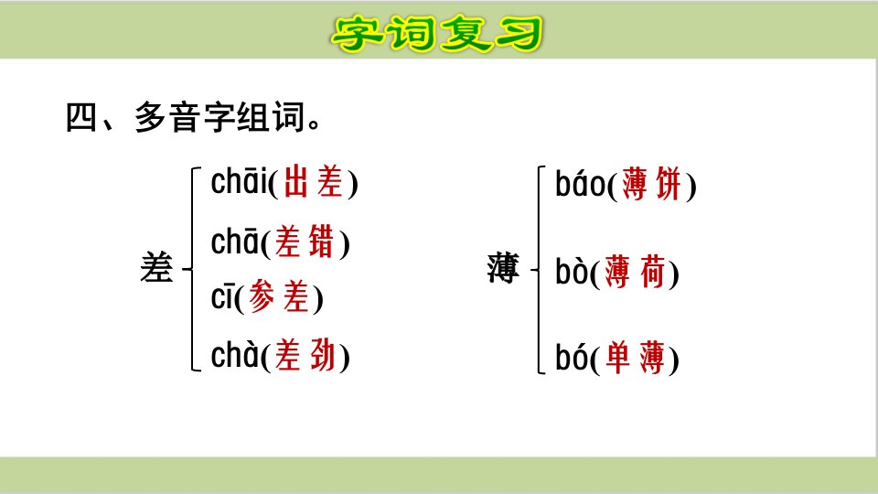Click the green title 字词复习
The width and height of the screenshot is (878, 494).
(x=437, y=34)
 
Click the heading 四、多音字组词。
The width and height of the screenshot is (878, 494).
(x=193, y=117)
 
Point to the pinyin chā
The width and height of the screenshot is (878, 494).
(x=235, y=242)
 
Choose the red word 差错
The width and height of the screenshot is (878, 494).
(x=305, y=242)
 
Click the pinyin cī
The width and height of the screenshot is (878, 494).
(x=222, y=298)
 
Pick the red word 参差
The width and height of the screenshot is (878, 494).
(x=279, y=296)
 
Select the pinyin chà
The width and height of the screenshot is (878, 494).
(x=235, y=355)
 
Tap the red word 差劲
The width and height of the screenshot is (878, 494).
(x=305, y=355)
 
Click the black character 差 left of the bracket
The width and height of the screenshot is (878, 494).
(x=156, y=267)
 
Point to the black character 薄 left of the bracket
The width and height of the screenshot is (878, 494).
(x=503, y=268)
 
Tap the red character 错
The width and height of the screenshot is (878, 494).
(x=321, y=242)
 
